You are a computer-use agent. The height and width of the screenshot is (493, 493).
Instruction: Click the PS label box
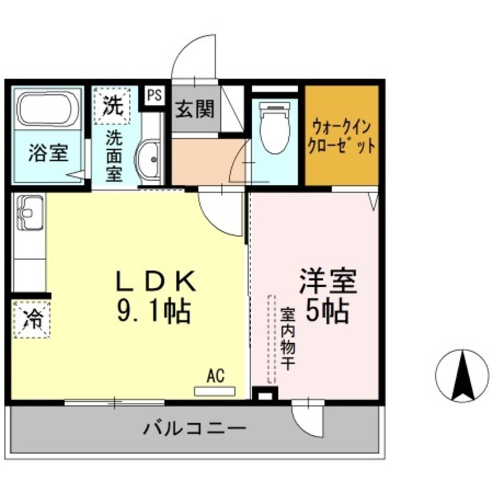pyautogui.click(x=154, y=96)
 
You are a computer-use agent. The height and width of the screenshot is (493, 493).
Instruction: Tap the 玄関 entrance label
pyautogui.click(x=195, y=108)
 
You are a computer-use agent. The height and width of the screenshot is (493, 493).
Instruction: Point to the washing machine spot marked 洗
pyautogui.click(x=113, y=105)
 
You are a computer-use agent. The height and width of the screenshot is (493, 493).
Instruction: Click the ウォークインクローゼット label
pyautogui.click(x=343, y=135)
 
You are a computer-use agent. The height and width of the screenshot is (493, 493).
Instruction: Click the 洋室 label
pyautogui.click(x=328, y=281)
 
